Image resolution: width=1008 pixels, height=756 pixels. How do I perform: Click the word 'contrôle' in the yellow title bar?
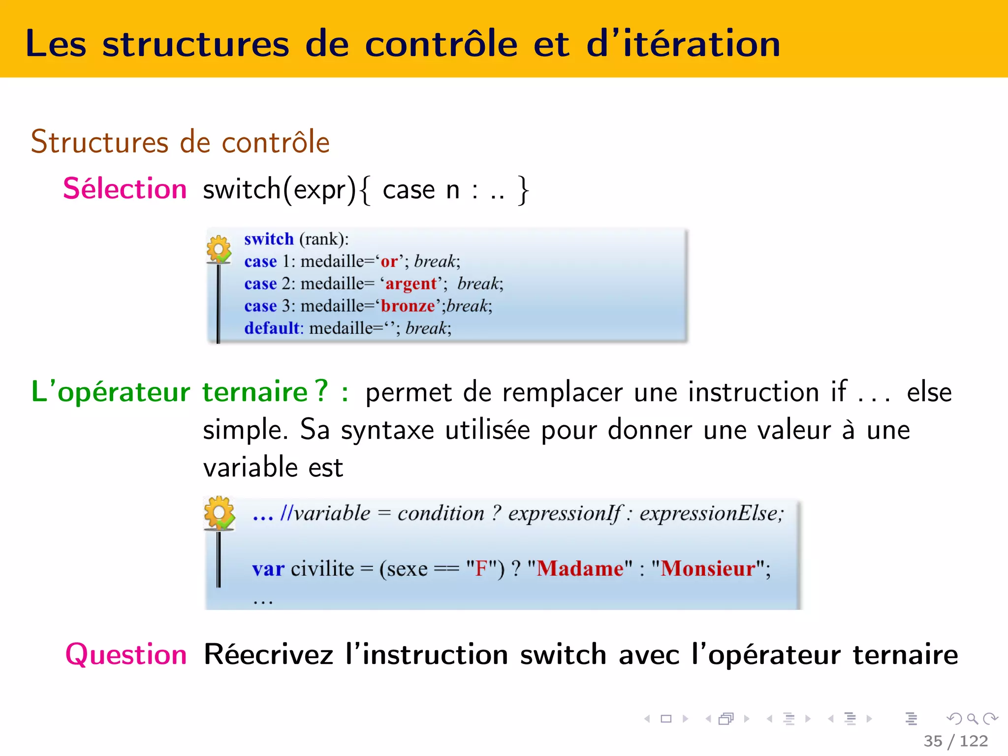click(x=441, y=44)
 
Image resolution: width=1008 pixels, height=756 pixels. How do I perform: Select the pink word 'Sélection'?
click(x=125, y=189)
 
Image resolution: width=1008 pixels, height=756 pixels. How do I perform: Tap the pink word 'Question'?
click(x=126, y=655)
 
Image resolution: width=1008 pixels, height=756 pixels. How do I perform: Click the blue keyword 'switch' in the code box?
click(x=269, y=239)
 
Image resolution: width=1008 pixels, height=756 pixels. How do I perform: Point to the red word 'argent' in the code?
click(x=411, y=284)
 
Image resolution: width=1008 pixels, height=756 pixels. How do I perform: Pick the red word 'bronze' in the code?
click(x=408, y=306)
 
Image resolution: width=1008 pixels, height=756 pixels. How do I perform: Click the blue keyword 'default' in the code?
click(x=272, y=328)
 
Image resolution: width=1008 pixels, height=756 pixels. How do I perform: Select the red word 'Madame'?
click(x=580, y=569)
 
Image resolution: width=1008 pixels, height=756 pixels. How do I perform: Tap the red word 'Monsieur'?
click(x=708, y=569)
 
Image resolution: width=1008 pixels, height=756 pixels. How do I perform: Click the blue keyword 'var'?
click(x=268, y=569)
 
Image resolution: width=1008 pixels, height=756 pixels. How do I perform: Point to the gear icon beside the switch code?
click(x=219, y=249)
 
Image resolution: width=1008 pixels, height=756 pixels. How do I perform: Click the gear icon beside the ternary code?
click(x=220, y=513)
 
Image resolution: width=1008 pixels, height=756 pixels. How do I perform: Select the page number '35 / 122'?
click(x=956, y=741)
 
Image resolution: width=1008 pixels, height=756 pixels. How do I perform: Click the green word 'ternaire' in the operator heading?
click(x=255, y=392)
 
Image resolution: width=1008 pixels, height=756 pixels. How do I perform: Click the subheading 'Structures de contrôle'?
click(x=180, y=142)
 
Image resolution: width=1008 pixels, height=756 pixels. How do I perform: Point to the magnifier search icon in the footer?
click(x=972, y=719)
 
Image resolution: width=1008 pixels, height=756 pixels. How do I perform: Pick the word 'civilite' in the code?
click(x=322, y=569)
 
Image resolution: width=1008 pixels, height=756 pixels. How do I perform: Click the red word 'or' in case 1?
click(x=389, y=262)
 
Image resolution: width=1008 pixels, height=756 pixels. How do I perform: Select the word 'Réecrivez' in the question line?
click(x=269, y=655)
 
